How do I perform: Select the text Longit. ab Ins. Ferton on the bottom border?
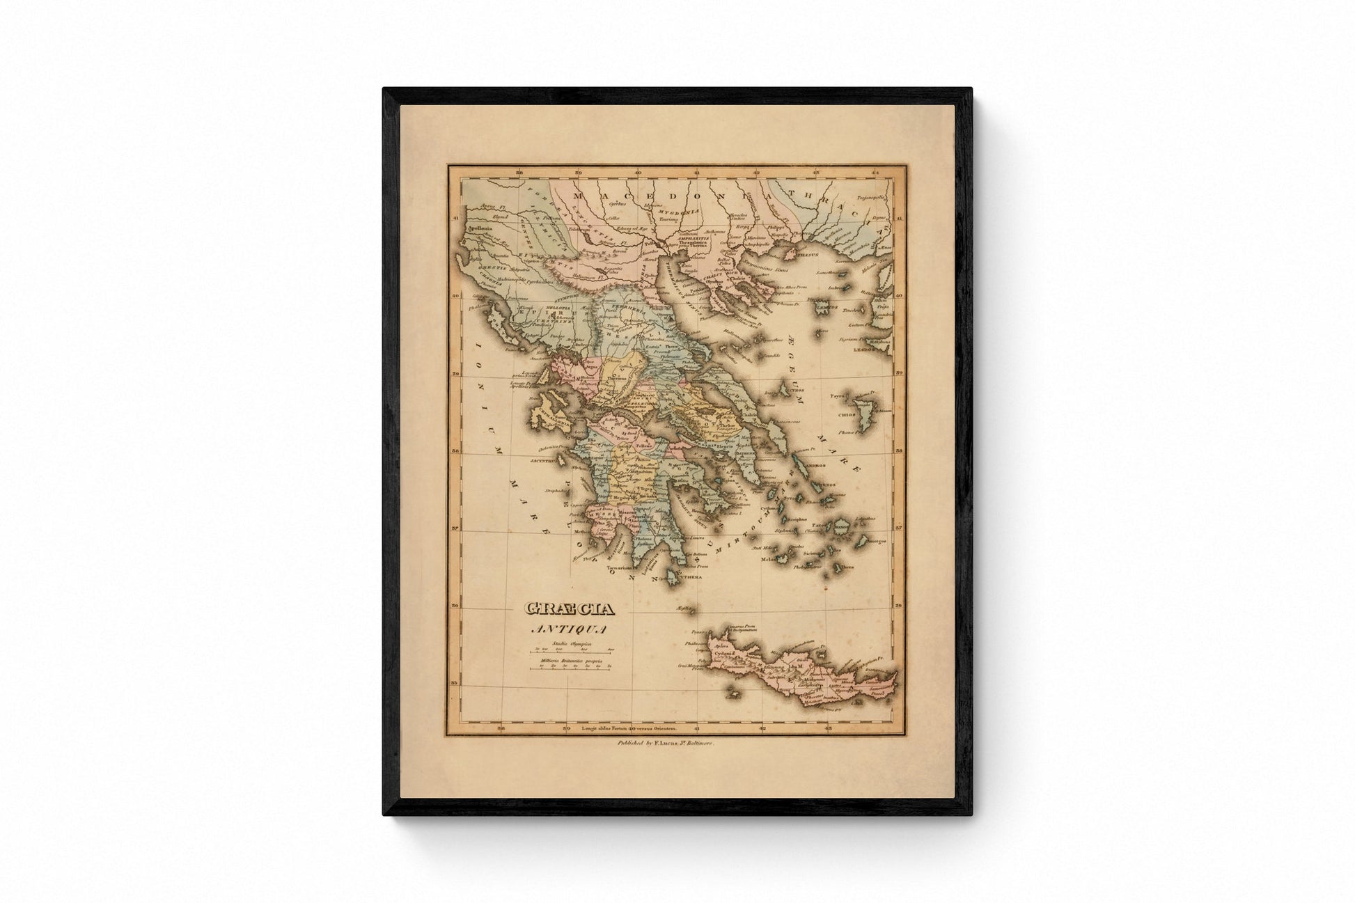(x=630, y=729)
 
